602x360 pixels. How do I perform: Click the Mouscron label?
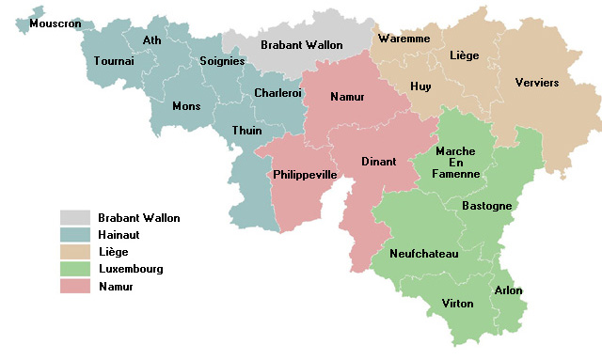click(54, 23)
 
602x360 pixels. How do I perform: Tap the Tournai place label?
click(115, 61)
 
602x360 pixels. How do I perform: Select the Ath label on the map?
click(152, 40)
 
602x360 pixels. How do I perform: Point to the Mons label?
click(186, 106)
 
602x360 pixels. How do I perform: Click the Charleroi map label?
click(278, 93)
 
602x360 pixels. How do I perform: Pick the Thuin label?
click(246, 131)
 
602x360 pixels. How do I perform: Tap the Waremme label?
click(404, 39)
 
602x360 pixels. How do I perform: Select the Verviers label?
click(537, 83)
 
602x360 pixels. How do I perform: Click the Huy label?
click(421, 86)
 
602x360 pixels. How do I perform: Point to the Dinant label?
click(379, 162)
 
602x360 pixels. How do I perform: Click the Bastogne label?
click(486, 205)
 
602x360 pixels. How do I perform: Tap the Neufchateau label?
click(423, 255)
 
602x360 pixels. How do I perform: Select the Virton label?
click(458, 304)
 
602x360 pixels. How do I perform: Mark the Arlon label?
click(508, 290)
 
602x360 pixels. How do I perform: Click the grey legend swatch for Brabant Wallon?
click(74, 218)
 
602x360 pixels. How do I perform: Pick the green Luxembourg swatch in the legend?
click(74, 269)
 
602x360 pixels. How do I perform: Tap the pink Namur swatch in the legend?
click(74, 286)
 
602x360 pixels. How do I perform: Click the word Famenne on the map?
click(455, 174)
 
